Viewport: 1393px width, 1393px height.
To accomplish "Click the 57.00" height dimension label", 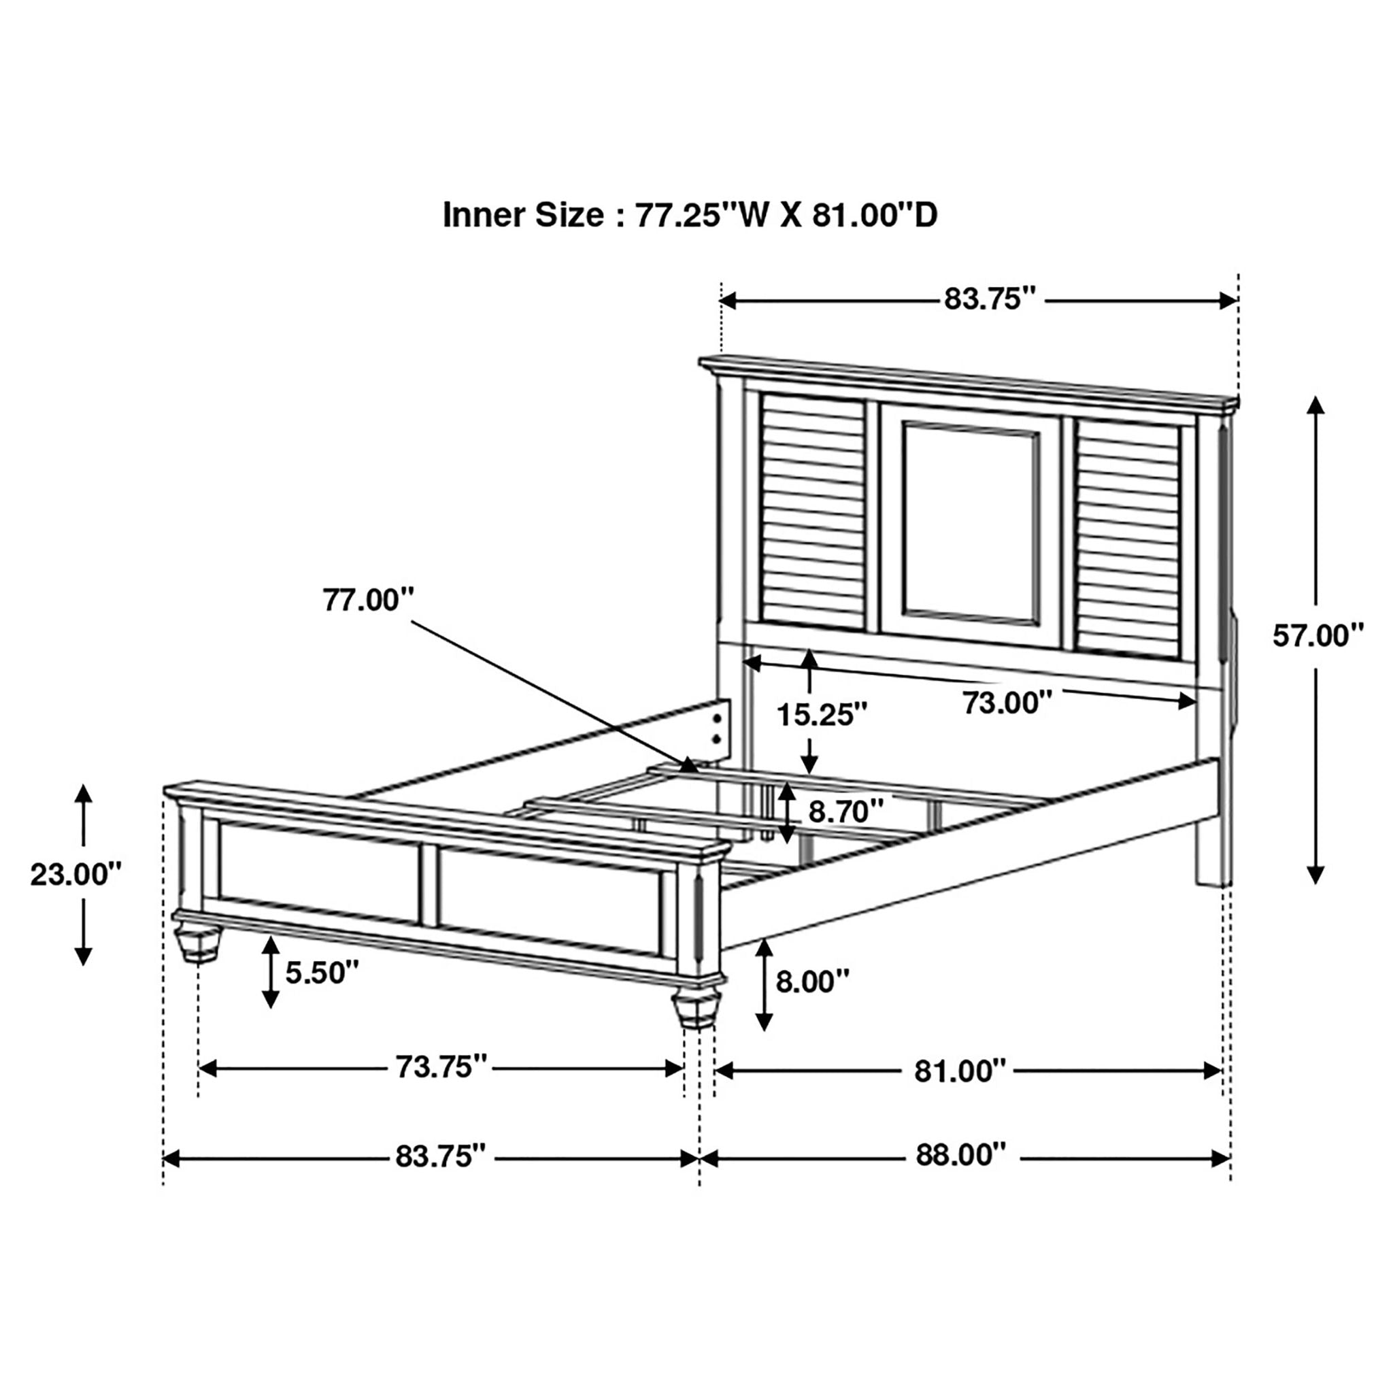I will pos(1318,637).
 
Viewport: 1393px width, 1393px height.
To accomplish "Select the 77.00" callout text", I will pos(369,600).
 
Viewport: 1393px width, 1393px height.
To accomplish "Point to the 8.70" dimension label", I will pos(845,812).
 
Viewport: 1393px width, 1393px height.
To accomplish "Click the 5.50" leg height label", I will pos(322,973).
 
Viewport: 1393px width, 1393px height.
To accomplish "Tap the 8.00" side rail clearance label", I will pos(813,981).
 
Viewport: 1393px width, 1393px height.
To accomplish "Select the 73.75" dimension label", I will pos(442,1067).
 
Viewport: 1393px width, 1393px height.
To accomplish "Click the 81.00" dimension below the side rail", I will pos(960,1071).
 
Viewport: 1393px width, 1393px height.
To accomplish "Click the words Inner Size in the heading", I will pos(524,215).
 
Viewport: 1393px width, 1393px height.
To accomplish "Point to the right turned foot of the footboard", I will pos(696,1008).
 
